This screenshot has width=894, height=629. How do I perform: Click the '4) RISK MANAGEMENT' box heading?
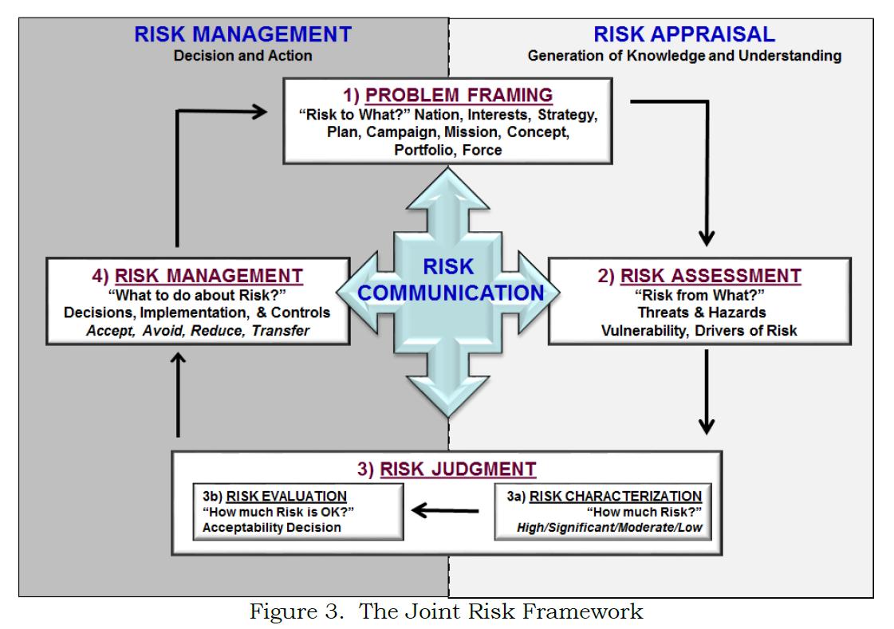coord(197,276)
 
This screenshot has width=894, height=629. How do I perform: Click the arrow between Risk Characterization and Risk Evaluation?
coord(447,510)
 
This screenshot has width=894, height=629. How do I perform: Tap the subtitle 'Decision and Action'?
coord(242,56)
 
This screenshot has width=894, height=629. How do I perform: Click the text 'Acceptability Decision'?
coord(271,527)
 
